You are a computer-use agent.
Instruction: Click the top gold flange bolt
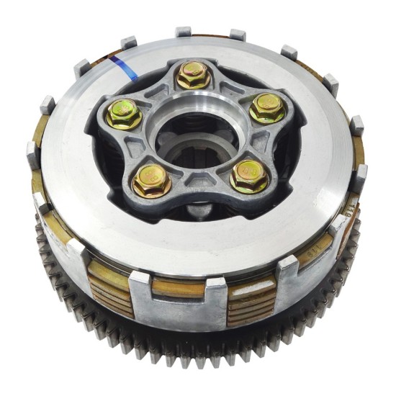point(192,75)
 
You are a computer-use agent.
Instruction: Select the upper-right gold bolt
point(267,108)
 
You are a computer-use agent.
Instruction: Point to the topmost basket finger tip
point(184,32)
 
